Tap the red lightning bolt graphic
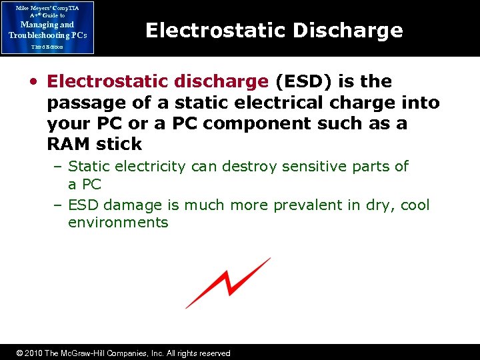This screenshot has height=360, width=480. click(x=228, y=283)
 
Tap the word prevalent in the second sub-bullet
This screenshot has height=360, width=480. click(x=299, y=205)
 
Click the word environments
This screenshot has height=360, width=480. click(x=118, y=223)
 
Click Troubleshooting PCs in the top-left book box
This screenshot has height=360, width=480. click(x=47, y=35)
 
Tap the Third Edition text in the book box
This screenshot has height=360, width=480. click(x=47, y=47)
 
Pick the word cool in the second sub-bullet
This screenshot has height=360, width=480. click(x=415, y=205)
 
